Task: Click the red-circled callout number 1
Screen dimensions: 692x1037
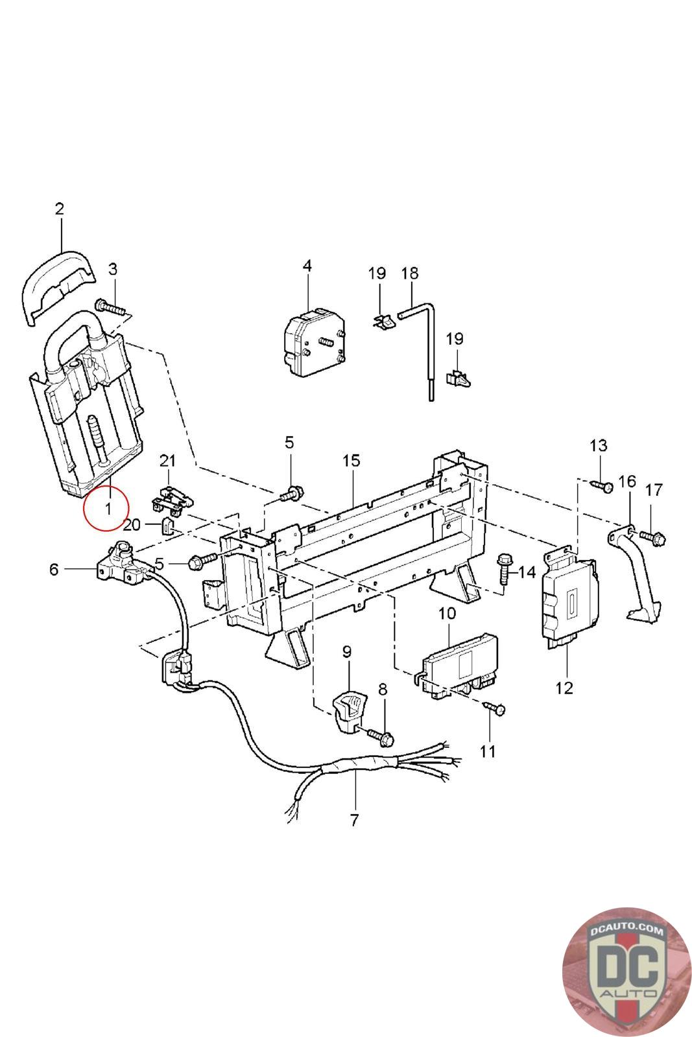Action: click(108, 508)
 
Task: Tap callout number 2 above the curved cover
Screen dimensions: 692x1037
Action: click(59, 209)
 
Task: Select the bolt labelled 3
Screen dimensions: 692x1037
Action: click(110, 307)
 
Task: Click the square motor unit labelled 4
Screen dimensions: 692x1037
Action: click(314, 341)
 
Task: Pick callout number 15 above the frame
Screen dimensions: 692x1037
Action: click(351, 461)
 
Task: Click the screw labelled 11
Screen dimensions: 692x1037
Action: click(494, 709)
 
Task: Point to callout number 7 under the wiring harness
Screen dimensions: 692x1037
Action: click(354, 833)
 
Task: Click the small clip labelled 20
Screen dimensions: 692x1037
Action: click(167, 526)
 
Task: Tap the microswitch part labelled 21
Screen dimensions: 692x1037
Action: click(172, 498)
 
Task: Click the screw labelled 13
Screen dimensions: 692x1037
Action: click(602, 485)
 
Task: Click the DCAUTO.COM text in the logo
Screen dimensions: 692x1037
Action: click(626, 931)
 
